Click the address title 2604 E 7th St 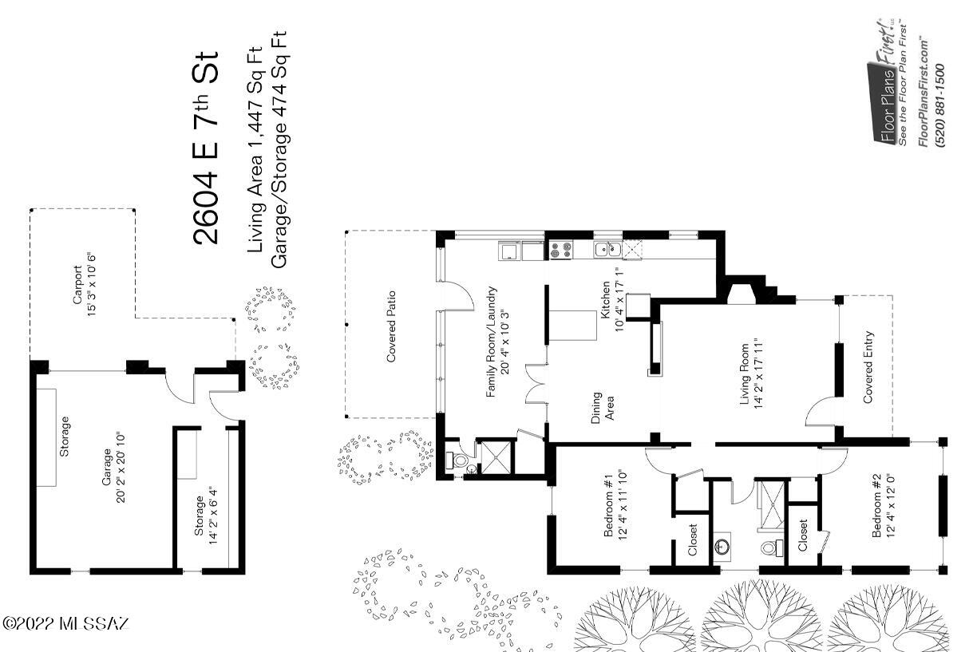pyautogui.click(x=205, y=148)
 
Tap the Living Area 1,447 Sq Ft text pyautogui.click(x=255, y=149)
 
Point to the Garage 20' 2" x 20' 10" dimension pyautogui.click(x=114, y=468)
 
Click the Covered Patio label pyautogui.click(x=391, y=326)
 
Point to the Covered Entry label pyautogui.click(x=868, y=367)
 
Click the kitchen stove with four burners pyautogui.click(x=560, y=251)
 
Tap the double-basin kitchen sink pyautogui.click(x=607, y=250)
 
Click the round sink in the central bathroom pyautogui.click(x=722, y=546)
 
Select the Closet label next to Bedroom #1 pyautogui.click(x=693, y=539)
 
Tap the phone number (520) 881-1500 pyautogui.click(x=939, y=105)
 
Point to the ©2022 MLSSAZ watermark pyautogui.click(x=65, y=623)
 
